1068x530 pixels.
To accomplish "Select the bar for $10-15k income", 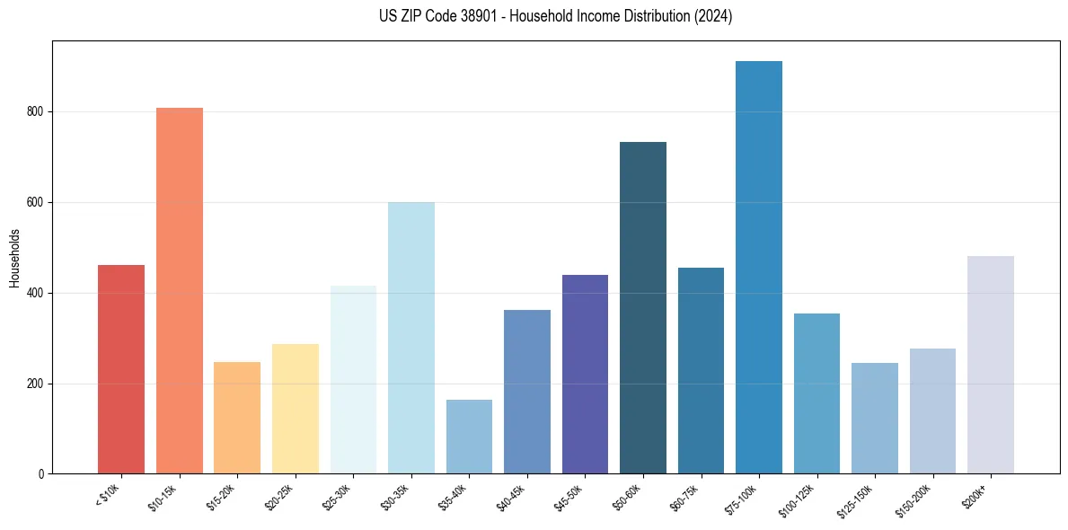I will [x=179, y=291].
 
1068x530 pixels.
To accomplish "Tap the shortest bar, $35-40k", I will [x=469, y=437].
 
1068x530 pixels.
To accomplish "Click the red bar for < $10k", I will [x=120, y=369].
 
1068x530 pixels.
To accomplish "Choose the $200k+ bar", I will [x=990, y=365].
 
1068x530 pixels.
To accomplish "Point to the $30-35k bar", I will [x=410, y=338].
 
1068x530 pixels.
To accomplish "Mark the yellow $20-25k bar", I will [x=295, y=409].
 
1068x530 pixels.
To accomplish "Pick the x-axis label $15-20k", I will [x=232, y=496].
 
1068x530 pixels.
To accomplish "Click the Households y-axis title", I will [x=14, y=258].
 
